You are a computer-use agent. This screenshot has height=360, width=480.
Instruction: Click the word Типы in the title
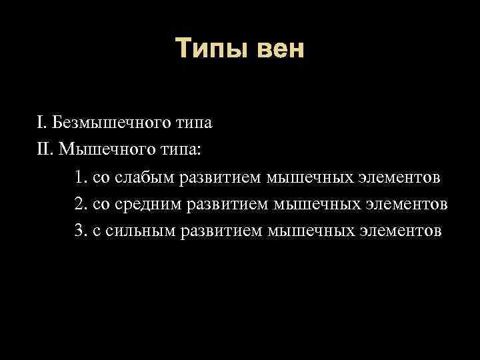click(208, 49)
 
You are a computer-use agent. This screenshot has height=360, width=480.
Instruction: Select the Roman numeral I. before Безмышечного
click(42, 122)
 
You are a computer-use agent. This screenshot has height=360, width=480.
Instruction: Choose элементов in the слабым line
click(400, 177)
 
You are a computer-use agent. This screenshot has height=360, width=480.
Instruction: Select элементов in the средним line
click(407, 204)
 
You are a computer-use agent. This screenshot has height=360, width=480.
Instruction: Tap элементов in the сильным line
click(400, 231)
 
